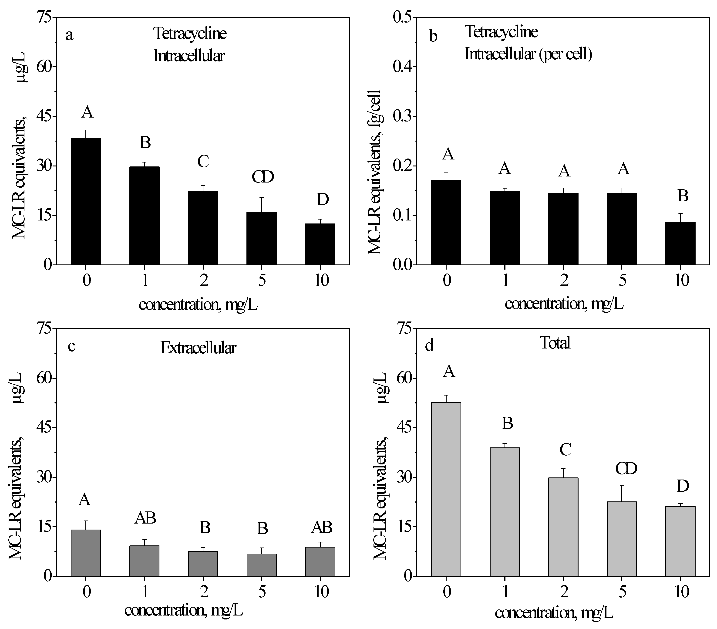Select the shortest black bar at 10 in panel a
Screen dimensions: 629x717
tap(320, 244)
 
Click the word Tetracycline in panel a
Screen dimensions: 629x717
tap(190, 34)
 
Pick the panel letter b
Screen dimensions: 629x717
tap(433, 36)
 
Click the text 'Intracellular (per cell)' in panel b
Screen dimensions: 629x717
tap(528, 54)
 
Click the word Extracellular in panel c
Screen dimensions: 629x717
tap(198, 348)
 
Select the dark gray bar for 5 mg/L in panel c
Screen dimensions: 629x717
tap(261, 565)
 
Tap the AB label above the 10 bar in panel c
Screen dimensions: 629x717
tap(322, 527)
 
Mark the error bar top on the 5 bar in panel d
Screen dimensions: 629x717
tap(622, 486)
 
